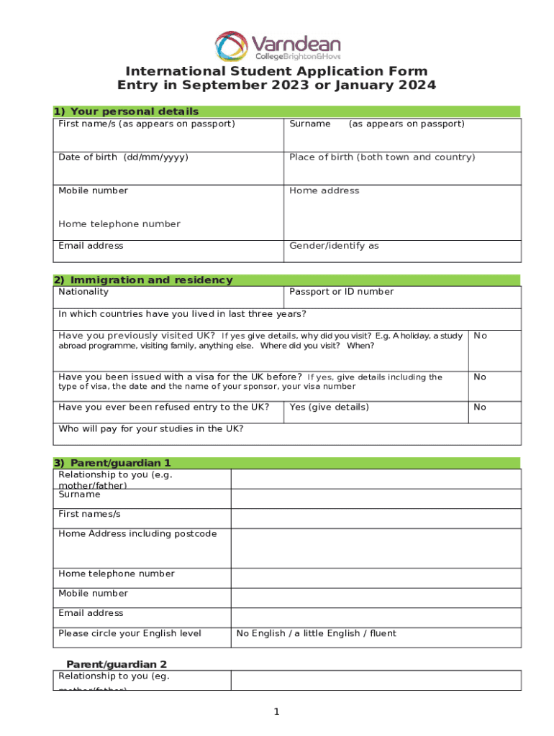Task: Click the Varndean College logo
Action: tap(277, 45)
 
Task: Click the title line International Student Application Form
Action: tap(277, 71)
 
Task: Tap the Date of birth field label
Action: tap(123, 157)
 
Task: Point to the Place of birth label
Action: tap(382, 157)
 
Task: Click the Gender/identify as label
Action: tap(334, 246)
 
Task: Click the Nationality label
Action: tap(83, 292)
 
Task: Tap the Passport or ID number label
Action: tap(341, 292)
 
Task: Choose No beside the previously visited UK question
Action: tap(480, 336)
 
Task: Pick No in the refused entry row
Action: tap(480, 408)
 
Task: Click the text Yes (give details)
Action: tap(329, 408)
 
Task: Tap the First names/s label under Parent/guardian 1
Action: tap(89, 515)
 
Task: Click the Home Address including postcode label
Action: tap(137, 534)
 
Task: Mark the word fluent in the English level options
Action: tap(382, 633)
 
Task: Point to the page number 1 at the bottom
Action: tap(276, 712)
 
